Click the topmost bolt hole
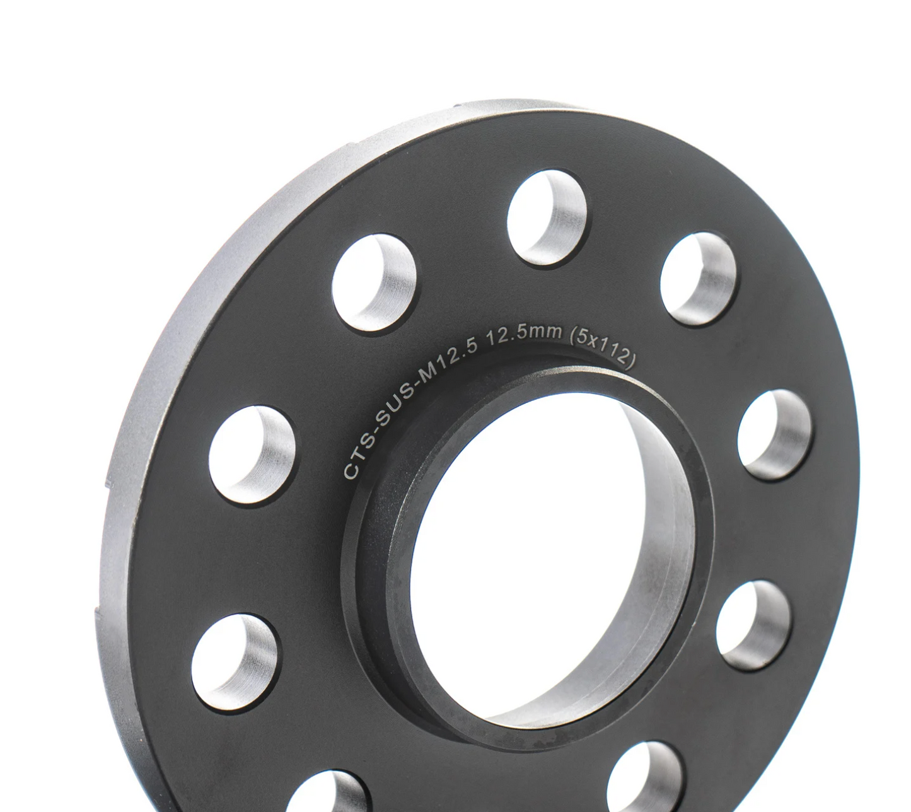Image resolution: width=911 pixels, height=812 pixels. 547,218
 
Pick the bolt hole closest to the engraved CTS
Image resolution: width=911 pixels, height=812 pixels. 252,455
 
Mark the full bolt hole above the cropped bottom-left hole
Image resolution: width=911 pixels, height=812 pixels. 235,663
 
